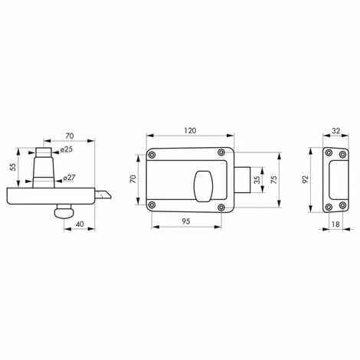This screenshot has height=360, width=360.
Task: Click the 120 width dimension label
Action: tap(190, 131)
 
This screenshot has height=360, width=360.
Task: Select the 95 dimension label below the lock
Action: tap(186, 221)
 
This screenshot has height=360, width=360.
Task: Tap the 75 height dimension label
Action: tap(273, 180)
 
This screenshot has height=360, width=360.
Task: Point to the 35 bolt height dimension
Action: tap(257, 180)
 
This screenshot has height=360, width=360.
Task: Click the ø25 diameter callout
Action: tap(67, 149)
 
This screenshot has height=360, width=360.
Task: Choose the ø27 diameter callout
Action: tap(69, 177)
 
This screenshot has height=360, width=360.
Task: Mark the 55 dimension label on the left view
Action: tap(13, 167)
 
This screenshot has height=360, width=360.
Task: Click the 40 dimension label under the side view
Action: tap(80, 224)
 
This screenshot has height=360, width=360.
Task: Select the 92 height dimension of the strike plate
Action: tap(305, 179)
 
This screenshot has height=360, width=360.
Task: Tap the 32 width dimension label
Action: tap(336, 131)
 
